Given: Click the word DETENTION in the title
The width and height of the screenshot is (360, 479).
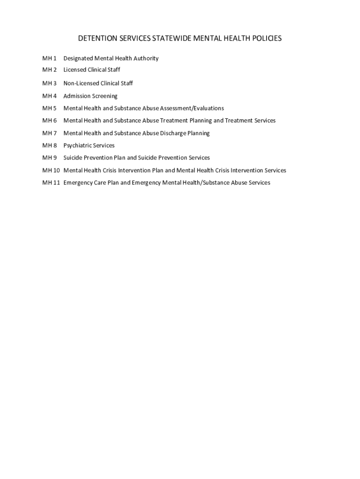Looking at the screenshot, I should tap(95, 38).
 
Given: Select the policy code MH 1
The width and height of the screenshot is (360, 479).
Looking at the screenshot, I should tap(49, 58).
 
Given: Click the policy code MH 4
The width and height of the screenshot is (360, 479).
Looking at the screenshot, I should tap(49, 96).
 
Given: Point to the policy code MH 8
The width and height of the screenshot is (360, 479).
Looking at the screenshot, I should tap(49, 145).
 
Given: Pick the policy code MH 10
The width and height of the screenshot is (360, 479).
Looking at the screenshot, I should tap(51, 170).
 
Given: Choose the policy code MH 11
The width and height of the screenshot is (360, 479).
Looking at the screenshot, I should tap(51, 182).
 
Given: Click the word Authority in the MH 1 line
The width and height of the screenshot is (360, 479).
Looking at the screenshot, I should tap(145, 58).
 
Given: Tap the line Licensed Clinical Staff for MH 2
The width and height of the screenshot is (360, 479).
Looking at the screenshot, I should tap(92, 70).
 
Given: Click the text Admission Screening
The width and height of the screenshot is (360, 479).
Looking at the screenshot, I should tap(90, 96).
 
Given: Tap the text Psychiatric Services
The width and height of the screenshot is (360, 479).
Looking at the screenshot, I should tap(89, 145).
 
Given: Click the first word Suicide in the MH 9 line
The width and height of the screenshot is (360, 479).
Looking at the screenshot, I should tap(74, 158).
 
